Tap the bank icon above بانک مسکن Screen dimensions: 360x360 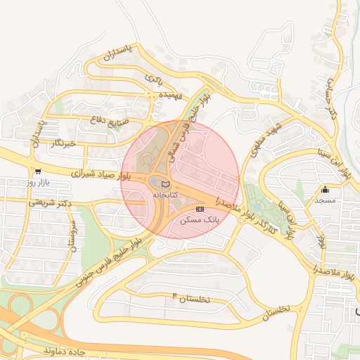(200, 210)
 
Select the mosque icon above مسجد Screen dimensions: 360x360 (325, 189)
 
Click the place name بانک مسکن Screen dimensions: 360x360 (200, 220)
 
